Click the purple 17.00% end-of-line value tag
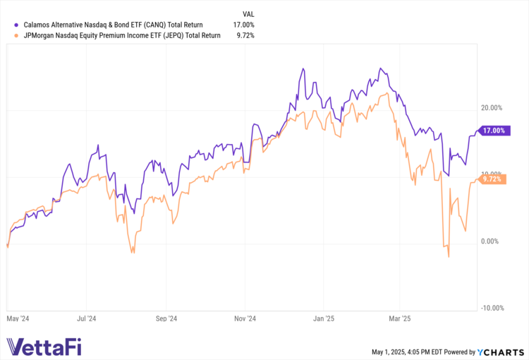[493, 131]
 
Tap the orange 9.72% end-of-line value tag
[493, 180]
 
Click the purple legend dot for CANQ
[8, 23]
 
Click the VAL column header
[248, 13]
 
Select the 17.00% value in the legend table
[244, 23]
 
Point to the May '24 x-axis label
[19, 318]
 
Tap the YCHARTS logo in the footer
[501, 352]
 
